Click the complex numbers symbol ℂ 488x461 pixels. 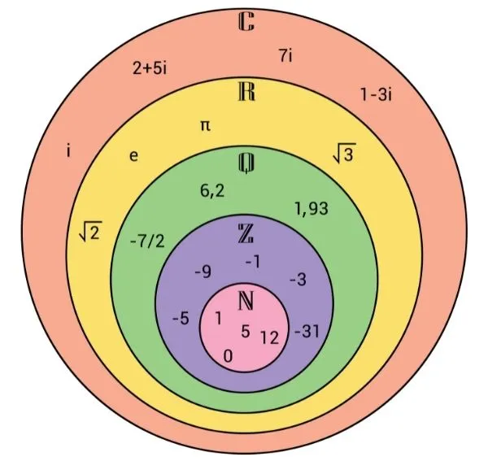click(x=246, y=21)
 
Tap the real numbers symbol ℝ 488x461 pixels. click(x=246, y=91)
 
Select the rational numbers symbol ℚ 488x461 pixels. click(x=246, y=163)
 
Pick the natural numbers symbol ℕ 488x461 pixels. click(x=246, y=301)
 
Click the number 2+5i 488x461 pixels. click(x=150, y=67)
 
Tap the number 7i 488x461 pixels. click(x=285, y=56)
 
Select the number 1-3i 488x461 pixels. click(x=376, y=94)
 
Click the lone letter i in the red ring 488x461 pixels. click(x=68, y=151)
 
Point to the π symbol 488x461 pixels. click(x=205, y=126)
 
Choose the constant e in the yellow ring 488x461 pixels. click(x=133, y=155)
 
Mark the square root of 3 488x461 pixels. click(x=344, y=153)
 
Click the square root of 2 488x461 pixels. click(x=90, y=231)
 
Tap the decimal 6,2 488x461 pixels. click(x=212, y=191)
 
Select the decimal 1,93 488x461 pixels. click(x=312, y=209)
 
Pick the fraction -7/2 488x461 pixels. click(x=147, y=241)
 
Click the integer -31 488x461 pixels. click(x=307, y=331)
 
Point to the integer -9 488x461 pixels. click(x=203, y=272)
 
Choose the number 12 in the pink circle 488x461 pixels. click(x=269, y=337)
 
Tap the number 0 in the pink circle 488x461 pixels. click(x=228, y=356)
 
